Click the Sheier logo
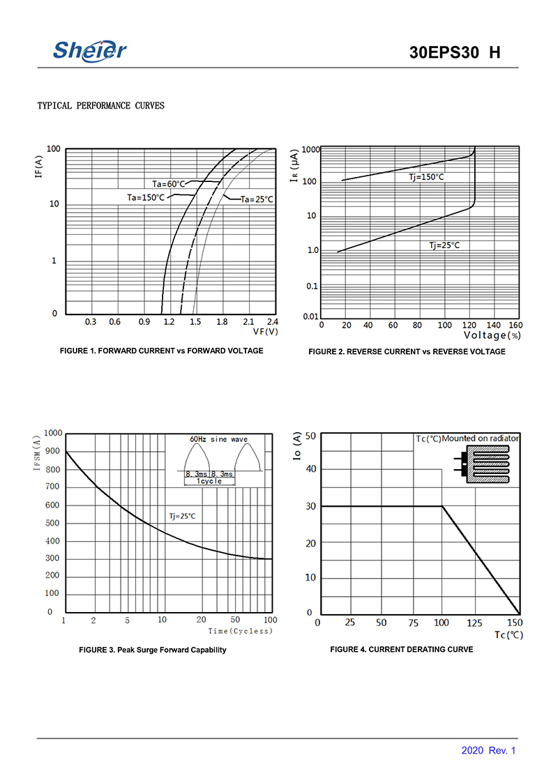tap(90, 50)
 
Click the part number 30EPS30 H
tap(455, 53)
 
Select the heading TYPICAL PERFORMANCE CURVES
tap(100, 106)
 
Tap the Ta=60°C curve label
tap(169, 184)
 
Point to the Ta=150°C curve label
tap(146, 197)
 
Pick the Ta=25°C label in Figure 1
tap(257, 199)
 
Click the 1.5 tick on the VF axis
tap(195, 322)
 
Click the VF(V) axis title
tap(265, 332)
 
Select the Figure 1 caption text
tap(162, 351)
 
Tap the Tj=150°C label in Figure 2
tap(426, 177)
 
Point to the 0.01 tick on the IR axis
tap(311, 316)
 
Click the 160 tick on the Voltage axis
tap(515, 325)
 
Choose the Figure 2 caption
tap(407, 351)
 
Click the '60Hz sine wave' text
tap(219, 440)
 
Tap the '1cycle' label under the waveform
tap(209, 482)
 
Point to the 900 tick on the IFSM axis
tap(53, 452)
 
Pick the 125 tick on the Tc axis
tap(474, 623)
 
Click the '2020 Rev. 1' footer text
tap(488, 751)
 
